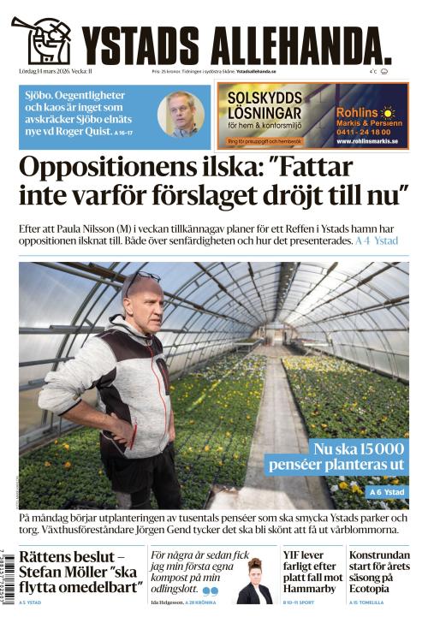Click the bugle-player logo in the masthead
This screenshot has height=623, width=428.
[x=43, y=39]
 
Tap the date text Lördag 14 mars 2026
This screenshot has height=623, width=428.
[x=51, y=71]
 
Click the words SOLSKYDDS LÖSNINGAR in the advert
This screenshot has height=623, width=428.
[x=264, y=107]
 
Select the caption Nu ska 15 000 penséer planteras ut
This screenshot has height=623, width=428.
[x=335, y=457]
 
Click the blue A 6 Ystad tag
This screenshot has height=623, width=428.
[x=388, y=492]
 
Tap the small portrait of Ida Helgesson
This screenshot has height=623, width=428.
[x=254, y=584]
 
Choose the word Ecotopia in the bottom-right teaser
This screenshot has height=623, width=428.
[x=373, y=588]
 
